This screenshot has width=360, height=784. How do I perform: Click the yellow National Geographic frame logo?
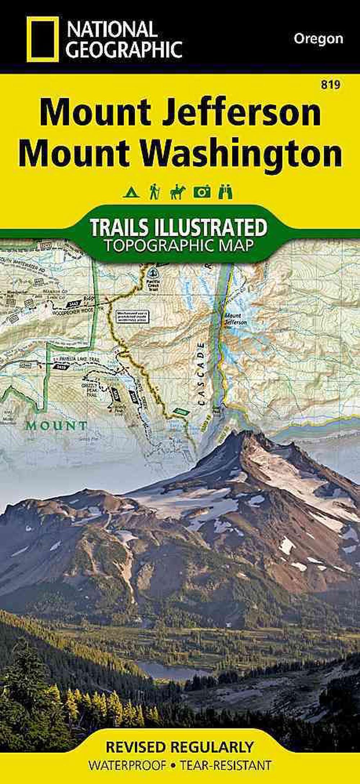(x=42, y=39)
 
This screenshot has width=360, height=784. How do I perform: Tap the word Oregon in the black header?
(x=318, y=38)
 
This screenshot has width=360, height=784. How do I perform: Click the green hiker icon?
(x=155, y=192)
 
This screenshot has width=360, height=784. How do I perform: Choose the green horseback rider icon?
(x=177, y=192)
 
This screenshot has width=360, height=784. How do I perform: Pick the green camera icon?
(x=202, y=192)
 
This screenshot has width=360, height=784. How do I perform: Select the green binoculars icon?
(x=226, y=192)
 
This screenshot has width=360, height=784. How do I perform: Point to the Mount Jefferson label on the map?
(x=236, y=319)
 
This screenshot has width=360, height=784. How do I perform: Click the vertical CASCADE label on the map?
(x=201, y=374)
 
